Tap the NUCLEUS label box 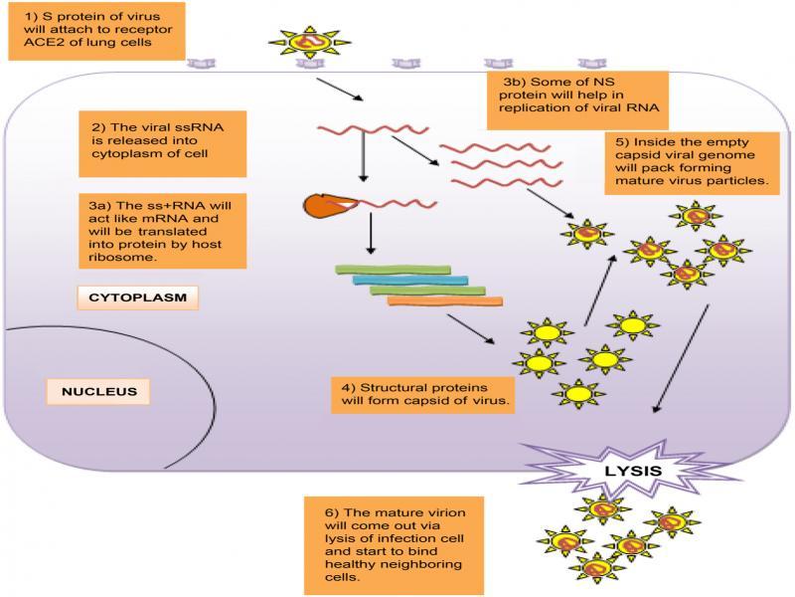click(98, 391)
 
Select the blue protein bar click(417, 280)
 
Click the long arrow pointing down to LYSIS click(683, 358)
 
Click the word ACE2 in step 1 click(28, 40)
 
